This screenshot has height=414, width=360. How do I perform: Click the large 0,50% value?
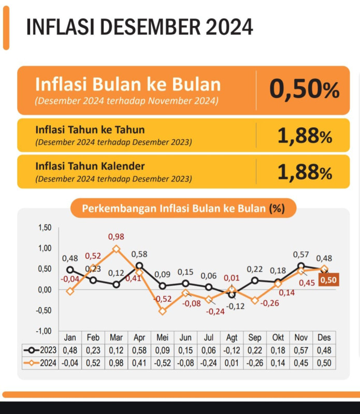(x=304, y=90)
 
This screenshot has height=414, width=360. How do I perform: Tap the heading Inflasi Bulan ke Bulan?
(x=127, y=85)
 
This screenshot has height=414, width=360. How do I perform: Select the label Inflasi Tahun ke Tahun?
(x=90, y=129)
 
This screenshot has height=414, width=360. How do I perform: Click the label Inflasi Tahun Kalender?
(x=90, y=166)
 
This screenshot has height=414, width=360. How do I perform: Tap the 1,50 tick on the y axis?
(x=45, y=228)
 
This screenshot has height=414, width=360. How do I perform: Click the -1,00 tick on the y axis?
(x=45, y=331)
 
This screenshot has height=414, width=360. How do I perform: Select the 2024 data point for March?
(x=116, y=249)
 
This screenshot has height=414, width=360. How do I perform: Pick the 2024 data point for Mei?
(x=163, y=311)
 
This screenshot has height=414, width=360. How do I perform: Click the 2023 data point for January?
(x=70, y=270)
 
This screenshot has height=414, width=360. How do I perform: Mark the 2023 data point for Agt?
(x=232, y=294)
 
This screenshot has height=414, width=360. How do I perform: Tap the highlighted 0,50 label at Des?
(x=328, y=279)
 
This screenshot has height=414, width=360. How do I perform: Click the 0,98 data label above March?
(x=116, y=237)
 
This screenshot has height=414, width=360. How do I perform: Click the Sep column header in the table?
(x=255, y=337)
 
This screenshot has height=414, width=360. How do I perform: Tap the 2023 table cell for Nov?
(x=301, y=350)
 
